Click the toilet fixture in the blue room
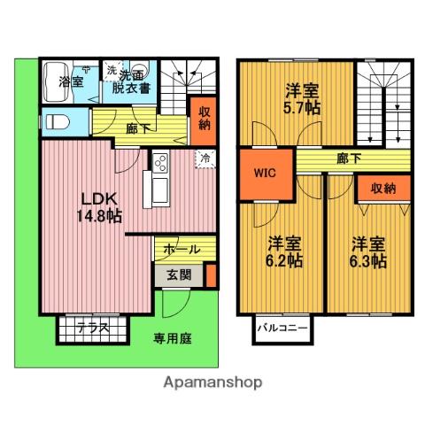point(58,122)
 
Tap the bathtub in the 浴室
point(57,82)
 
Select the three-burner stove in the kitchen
point(161,163)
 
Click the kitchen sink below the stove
point(160,190)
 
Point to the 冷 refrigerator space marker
point(205,158)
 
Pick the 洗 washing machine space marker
point(112,71)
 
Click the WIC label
point(265,173)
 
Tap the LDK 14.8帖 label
point(99,207)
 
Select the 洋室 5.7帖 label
point(302,99)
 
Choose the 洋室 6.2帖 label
point(284,251)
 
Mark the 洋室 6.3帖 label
point(368,252)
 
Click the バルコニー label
point(282,328)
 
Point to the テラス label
point(93,328)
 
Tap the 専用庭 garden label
point(173,338)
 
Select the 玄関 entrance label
point(179,275)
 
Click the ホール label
point(182,250)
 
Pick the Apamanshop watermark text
point(212,382)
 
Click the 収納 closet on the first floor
point(204,121)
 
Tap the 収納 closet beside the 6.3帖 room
point(383,189)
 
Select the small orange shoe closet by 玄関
point(211,275)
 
